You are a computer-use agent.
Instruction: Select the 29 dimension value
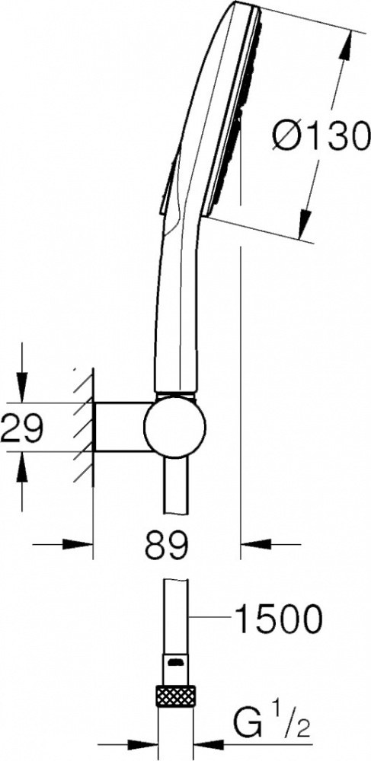(x=22, y=428)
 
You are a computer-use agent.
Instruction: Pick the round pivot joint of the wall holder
(x=174, y=427)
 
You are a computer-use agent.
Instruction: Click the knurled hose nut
(x=175, y=696)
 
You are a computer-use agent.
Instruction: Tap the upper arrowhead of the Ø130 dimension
(x=345, y=46)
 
